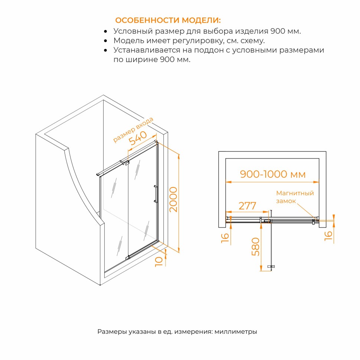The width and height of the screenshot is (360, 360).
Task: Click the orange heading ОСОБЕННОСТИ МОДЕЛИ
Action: [168, 20]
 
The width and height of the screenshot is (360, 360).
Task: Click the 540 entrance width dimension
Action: [138, 138]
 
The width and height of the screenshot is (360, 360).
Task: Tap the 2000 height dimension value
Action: [173, 199]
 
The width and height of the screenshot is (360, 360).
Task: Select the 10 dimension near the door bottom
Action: [159, 262]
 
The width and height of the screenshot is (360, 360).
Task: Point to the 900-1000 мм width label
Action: [273, 174]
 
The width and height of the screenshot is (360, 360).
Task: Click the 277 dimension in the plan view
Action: [247, 206]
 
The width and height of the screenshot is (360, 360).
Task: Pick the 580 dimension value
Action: [256, 247]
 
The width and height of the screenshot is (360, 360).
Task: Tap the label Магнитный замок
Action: [295, 197]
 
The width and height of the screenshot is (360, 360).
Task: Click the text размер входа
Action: [133, 130]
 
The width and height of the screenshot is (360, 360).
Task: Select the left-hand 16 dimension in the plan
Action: [225, 238]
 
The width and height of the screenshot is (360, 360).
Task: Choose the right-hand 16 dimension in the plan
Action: [328, 236]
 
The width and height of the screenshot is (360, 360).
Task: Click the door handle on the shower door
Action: [156, 194]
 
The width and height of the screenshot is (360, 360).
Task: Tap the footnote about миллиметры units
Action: [177, 331]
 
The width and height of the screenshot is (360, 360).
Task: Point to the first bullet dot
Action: [105, 31]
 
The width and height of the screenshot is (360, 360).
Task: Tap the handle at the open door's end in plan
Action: [271, 266]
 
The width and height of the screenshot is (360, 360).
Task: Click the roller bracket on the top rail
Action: [124, 162]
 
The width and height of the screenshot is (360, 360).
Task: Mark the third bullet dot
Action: [105, 50]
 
